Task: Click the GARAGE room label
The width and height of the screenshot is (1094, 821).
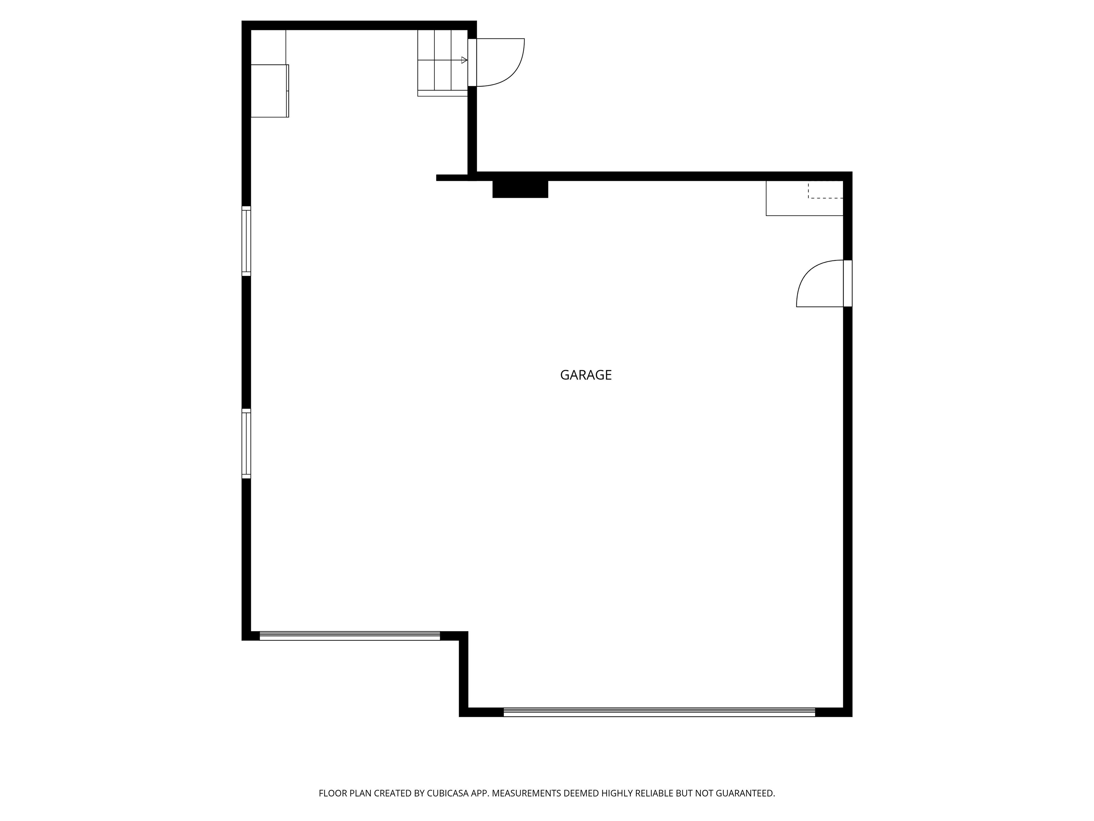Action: [585, 375]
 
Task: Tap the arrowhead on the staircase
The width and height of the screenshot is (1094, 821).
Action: [464, 60]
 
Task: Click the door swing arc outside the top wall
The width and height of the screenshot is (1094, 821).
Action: [509, 69]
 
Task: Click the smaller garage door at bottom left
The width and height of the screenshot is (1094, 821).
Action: [350, 636]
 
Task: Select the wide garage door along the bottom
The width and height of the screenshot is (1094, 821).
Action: [659, 712]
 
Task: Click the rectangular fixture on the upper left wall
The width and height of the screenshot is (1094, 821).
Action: [270, 91]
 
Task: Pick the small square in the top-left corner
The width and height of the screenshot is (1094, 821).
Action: [269, 47]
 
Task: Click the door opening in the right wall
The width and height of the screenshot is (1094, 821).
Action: [848, 284]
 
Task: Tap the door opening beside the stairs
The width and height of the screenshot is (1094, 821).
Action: [472, 62]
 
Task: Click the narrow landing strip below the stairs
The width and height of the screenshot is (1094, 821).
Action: [442, 93]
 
